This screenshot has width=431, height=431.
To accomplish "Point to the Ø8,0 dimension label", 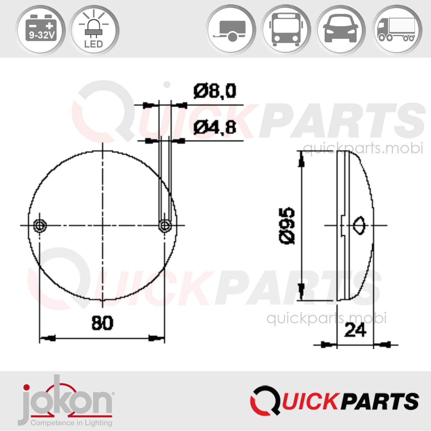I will pos(215,91).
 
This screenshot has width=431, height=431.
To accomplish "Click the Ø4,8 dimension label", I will pos(215,127).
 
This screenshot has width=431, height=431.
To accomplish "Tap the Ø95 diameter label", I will pos(287,226).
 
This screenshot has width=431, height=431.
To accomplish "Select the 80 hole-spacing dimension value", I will pos(102,323).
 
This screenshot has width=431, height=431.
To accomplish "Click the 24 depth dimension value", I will pos(355,330).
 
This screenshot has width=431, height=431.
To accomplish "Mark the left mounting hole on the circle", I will pos(40,225).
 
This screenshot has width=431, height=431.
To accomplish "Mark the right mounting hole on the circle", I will pos(165,225).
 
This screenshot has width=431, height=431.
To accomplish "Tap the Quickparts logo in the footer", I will pos(334,401).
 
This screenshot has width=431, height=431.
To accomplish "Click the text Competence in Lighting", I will pos(71,423).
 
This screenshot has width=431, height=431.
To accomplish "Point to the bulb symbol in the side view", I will pos(359,225).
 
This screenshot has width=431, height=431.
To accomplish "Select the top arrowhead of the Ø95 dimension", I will pos(301,159).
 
